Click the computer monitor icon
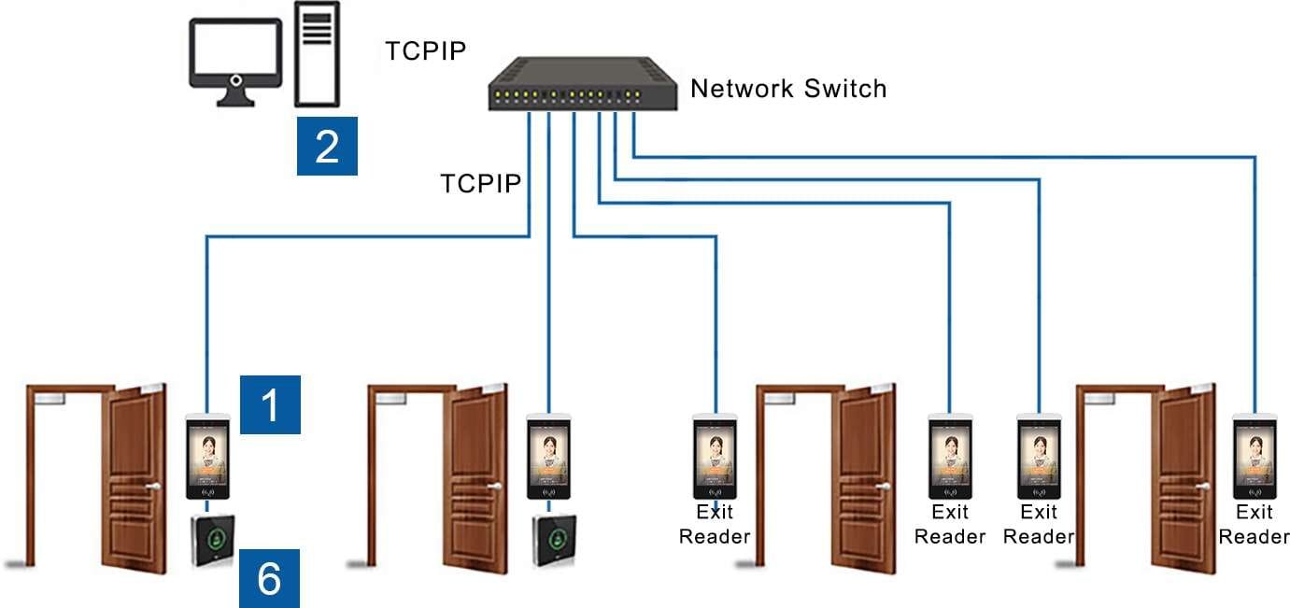[235, 55]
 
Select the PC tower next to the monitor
[318, 53]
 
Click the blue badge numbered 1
[271, 405]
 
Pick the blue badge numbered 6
[269, 578]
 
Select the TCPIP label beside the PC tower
[425, 50]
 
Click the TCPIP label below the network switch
[480, 183]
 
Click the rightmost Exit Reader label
[1254, 524]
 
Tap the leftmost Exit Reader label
[715, 524]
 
